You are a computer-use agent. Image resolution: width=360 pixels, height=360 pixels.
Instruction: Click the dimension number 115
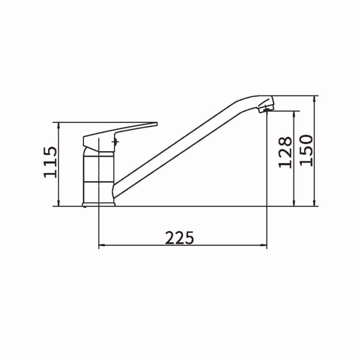point(50,162)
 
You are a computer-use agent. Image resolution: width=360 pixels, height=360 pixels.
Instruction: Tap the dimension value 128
point(285,152)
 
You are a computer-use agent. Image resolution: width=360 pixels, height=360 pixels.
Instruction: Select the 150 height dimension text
point(306,151)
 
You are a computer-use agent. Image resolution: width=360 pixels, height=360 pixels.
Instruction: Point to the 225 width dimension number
point(179,238)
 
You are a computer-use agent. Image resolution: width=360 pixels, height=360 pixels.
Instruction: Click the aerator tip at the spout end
point(266,109)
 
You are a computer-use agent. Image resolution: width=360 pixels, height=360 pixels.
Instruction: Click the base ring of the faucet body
point(98,205)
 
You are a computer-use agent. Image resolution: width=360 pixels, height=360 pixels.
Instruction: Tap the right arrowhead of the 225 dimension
point(264,245)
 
